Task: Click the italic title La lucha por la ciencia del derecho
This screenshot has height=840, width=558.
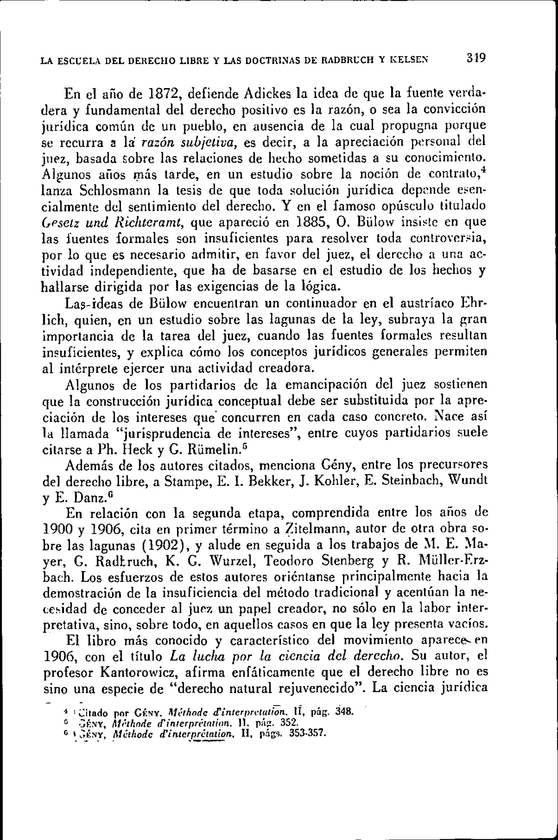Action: (x=285, y=656)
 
